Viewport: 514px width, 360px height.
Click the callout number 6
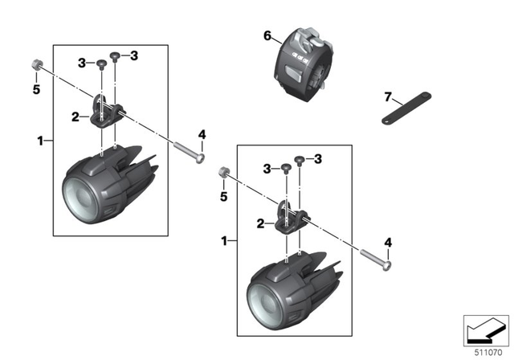click(x=267, y=36)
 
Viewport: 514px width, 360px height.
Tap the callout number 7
click(x=387, y=97)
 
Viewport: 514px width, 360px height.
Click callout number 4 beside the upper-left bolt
click(x=202, y=133)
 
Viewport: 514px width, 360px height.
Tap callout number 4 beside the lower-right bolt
click(x=389, y=242)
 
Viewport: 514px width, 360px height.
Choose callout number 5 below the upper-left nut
click(x=35, y=89)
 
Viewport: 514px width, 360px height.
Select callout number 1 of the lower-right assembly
click(x=224, y=240)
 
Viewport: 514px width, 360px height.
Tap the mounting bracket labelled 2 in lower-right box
click(x=292, y=218)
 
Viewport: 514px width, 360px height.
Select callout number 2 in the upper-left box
click(x=74, y=117)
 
